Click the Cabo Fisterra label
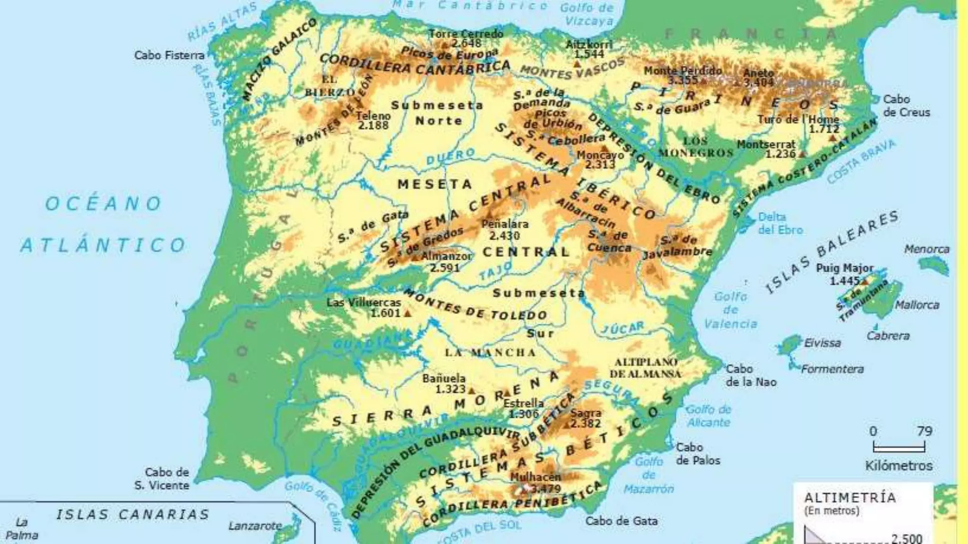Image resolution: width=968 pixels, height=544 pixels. (169, 55)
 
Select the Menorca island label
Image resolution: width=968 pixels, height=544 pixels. (926, 249)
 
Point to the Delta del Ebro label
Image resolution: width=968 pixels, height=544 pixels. (780, 223)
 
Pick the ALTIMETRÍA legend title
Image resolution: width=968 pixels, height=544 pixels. (850, 497)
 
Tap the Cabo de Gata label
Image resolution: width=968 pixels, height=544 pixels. (621, 521)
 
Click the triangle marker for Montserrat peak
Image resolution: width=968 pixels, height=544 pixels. (802, 154)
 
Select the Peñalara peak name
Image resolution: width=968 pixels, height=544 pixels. (505, 224)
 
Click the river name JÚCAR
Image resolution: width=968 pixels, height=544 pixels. (622, 328)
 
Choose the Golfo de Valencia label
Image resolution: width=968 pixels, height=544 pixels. (730, 310)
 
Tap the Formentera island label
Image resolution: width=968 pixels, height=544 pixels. (832, 369)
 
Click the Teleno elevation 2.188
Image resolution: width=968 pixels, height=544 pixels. (373, 126)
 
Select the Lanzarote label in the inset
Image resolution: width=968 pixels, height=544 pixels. (255, 526)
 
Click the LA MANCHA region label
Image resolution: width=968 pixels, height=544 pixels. (490, 353)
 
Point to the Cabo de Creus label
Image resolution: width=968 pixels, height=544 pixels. (906, 106)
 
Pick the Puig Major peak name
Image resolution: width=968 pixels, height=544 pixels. (845, 268)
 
